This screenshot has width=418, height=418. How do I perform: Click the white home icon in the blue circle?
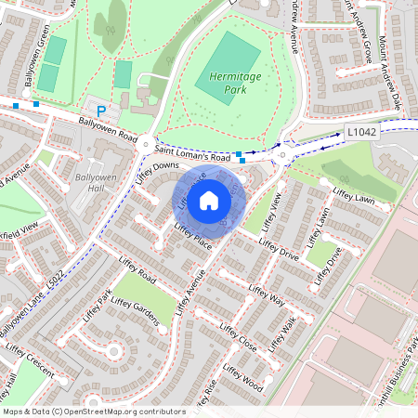pos(209,200)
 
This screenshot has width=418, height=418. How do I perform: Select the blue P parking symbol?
pos(102,111)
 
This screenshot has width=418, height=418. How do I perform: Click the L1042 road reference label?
pos(363,133)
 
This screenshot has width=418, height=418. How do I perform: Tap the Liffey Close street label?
pos(240,339)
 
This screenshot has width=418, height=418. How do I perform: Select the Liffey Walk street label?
pos(281,334)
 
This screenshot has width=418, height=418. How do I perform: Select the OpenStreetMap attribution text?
pos(94,411)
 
